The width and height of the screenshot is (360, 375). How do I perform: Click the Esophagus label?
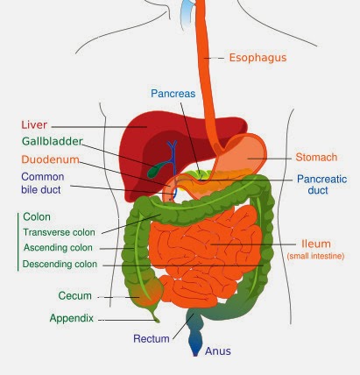(258, 58)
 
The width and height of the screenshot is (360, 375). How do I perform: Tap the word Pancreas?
(173, 94)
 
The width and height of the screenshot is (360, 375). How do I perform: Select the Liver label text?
(34, 124)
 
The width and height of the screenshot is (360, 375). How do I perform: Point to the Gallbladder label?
(53, 141)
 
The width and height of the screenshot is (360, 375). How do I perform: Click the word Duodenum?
(51, 159)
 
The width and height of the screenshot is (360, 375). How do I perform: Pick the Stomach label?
(316, 157)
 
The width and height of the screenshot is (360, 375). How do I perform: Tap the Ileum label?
(316, 244)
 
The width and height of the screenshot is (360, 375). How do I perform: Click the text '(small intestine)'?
(315, 256)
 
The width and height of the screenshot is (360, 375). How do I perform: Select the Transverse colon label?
(59, 232)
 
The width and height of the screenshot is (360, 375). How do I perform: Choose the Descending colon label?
(60, 264)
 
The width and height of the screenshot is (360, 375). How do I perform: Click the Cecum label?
(74, 295)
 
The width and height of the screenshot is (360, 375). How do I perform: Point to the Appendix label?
(72, 318)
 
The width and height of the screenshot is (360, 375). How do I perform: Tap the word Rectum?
(152, 339)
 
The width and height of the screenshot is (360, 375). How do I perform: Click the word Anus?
(218, 351)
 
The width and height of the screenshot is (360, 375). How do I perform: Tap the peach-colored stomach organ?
(243, 156)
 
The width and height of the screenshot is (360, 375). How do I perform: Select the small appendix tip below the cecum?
(155, 318)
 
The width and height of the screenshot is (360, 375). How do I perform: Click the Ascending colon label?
(58, 248)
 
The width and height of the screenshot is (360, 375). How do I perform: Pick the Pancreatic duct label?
(321, 185)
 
